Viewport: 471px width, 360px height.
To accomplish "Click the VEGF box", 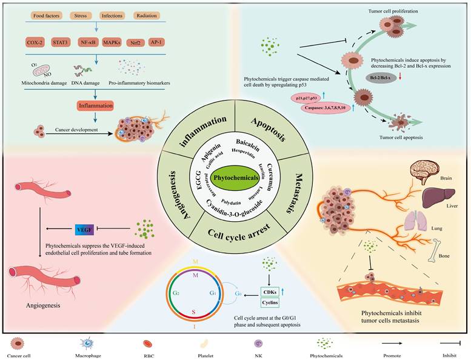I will click(x=84, y=229).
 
